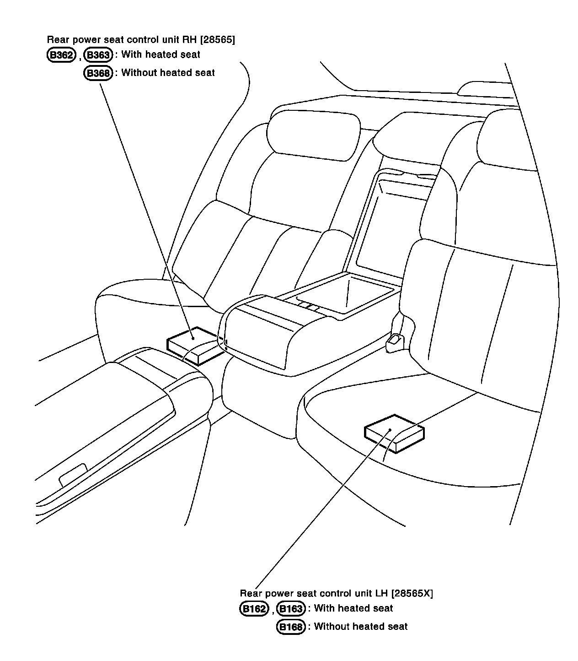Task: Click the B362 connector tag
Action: (x=61, y=55)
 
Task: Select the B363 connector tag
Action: (x=98, y=55)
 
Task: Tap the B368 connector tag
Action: (x=98, y=73)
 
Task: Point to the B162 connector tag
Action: (x=254, y=609)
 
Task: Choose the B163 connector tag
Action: (x=291, y=609)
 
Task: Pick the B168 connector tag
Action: (x=291, y=627)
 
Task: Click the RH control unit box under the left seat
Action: (x=194, y=344)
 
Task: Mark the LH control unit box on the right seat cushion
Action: (x=394, y=433)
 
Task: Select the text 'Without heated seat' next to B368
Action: (x=168, y=73)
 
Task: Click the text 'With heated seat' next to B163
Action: (x=353, y=608)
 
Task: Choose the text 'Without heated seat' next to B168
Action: (x=361, y=627)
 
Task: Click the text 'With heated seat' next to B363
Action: (x=161, y=55)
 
